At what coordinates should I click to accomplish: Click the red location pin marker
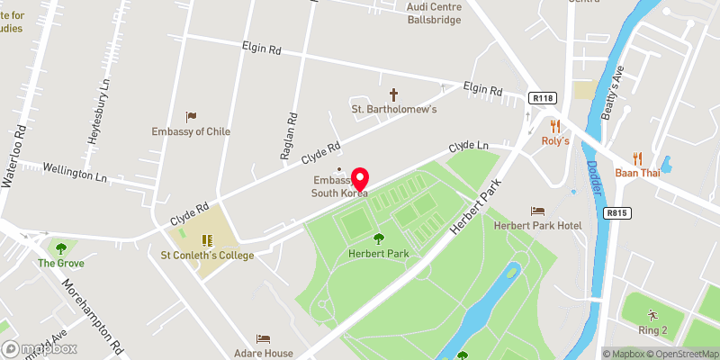click(x=360, y=177)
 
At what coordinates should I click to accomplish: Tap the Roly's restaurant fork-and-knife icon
click(x=555, y=126)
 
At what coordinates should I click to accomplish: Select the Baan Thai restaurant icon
click(x=637, y=157)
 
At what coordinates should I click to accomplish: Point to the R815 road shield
click(x=616, y=213)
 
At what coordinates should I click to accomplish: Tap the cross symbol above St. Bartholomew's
click(x=393, y=94)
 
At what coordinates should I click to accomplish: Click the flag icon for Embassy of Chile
click(x=191, y=116)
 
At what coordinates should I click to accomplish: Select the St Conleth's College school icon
click(x=206, y=240)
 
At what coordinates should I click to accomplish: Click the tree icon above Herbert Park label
click(x=379, y=238)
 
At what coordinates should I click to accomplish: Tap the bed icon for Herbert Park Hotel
click(x=538, y=210)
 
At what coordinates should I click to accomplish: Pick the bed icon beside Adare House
click(x=263, y=338)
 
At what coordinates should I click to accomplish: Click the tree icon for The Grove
click(x=61, y=248)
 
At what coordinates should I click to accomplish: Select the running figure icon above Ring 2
click(x=652, y=315)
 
